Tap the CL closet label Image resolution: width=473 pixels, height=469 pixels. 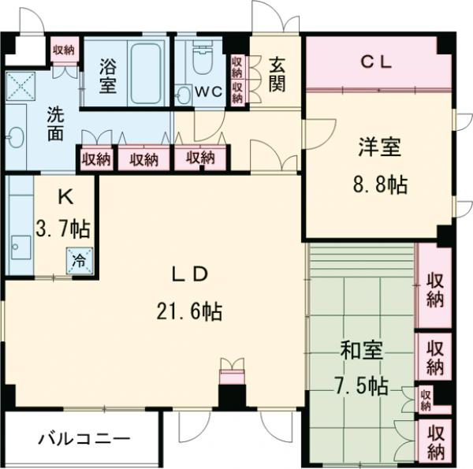click(x=377, y=62)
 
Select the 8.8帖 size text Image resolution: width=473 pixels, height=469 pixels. click(x=379, y=185)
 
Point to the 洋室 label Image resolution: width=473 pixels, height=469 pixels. click(x=379, y=147)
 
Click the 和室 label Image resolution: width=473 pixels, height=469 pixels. click(x=362, y=350)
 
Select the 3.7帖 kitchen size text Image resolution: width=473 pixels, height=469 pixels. click(x=62, y=229)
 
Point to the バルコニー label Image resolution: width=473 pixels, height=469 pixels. click(x=84, y=439)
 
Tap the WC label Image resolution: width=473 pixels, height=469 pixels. click(x=209, y=91)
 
